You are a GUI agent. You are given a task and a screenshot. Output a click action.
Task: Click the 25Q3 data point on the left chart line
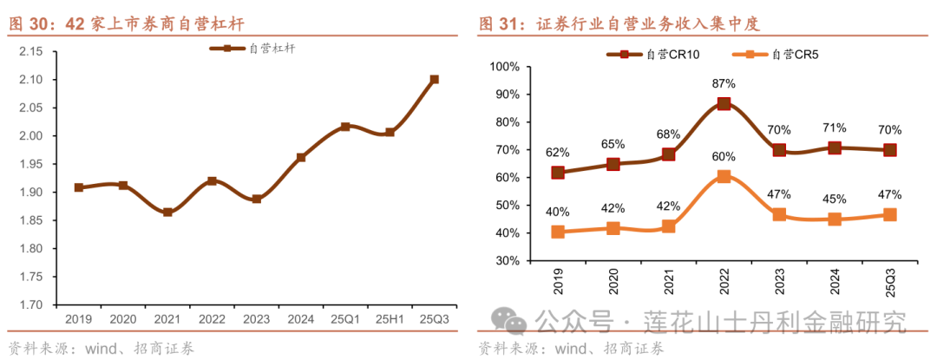tap(435, 79)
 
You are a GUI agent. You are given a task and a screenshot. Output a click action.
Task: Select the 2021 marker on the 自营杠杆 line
tap(167, 212)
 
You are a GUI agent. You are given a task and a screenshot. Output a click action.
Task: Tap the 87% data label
tap(724, 84)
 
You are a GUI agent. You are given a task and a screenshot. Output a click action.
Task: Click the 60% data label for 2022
tap(724, 157)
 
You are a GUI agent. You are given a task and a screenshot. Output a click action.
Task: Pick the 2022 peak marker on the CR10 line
tap(724, 103)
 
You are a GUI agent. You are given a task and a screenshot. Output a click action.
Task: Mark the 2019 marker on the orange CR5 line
tap(558, 232)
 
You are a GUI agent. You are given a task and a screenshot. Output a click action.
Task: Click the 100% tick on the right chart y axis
tap(505, 67)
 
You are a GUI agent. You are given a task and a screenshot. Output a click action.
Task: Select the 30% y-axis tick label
tap(507, 261)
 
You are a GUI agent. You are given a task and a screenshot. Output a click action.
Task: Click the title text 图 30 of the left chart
tap(31, 25)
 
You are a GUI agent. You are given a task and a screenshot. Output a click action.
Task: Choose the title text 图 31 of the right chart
tap(501, 25)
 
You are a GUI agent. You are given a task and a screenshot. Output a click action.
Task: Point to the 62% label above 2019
tap(558, 153)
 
